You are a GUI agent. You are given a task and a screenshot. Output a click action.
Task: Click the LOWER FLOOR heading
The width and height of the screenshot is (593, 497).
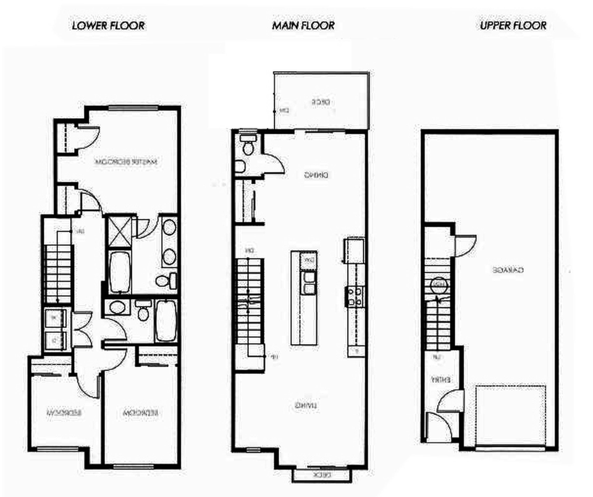108,26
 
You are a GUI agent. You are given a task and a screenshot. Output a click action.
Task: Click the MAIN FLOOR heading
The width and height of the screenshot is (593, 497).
303,26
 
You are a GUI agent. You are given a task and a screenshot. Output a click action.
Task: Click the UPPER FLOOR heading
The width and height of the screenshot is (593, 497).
513,26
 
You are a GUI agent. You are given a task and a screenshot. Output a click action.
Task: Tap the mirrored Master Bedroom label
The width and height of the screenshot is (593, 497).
126,162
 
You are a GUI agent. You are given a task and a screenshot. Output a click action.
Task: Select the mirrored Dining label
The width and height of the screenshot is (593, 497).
316,175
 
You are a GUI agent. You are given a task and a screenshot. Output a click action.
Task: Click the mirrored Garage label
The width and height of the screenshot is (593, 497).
508,270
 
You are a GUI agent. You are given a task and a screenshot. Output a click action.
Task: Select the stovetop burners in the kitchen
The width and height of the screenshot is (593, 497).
355,296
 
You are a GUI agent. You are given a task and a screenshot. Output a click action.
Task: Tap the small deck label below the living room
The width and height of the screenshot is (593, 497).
322,475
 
